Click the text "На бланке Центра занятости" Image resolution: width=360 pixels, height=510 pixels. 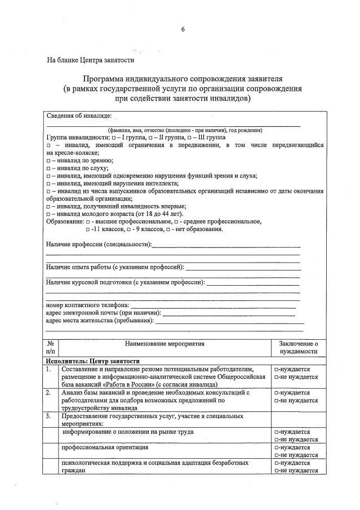[x=90, y=59]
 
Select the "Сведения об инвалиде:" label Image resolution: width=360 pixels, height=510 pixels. [x=78, y=116]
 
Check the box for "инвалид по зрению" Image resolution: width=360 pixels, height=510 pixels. [x=49, y=161]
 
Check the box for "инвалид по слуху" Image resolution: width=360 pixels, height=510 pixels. [x=49, y=168]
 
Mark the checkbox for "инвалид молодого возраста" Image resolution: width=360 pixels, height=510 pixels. [x=49, y=214]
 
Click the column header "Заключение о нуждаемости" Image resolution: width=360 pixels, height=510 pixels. [x=299, y=347]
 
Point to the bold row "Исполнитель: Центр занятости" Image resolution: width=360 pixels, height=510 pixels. [x=94, y=361]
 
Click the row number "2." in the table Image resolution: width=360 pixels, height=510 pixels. [x=49, y=392]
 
